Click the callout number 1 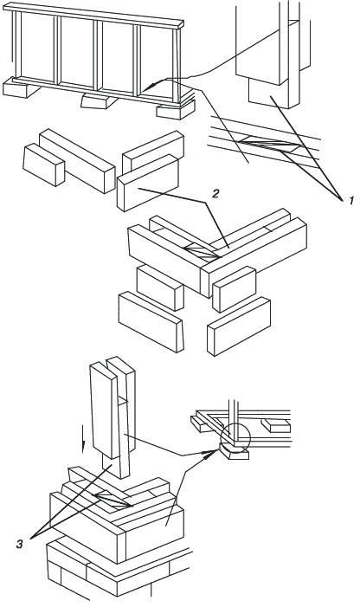350,201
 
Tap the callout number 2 215,194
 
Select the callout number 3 19,544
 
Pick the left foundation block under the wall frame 22,87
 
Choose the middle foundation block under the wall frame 99,100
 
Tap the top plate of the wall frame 93,15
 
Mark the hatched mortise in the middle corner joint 200,250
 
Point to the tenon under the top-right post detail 267,94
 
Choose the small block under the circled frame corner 235,453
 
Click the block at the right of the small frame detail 275,425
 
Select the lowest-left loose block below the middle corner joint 151,322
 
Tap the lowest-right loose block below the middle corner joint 239,326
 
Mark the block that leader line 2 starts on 148,183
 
